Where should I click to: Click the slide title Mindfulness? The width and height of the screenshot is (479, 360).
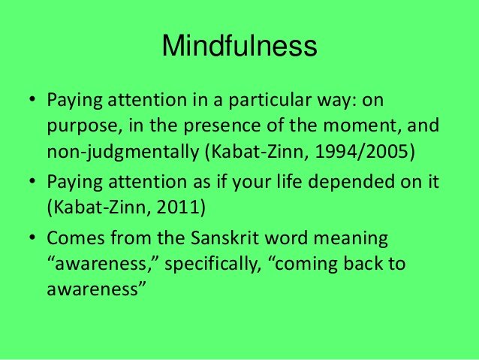click(239, 46)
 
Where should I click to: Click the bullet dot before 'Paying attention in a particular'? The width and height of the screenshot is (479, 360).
click(32, 99)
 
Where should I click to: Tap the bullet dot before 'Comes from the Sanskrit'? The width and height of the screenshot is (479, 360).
click(32, 237)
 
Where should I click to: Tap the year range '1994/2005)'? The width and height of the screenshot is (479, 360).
click(365, 151)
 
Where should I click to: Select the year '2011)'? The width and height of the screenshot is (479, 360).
click(181, 207)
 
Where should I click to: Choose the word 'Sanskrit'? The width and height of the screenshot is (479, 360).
click(224, 237)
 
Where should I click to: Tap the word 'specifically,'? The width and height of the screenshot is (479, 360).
click(213, 264)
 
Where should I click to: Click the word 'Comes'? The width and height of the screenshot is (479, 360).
click(76, 238)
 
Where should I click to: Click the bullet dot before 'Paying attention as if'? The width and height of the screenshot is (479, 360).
click(32, 181)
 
